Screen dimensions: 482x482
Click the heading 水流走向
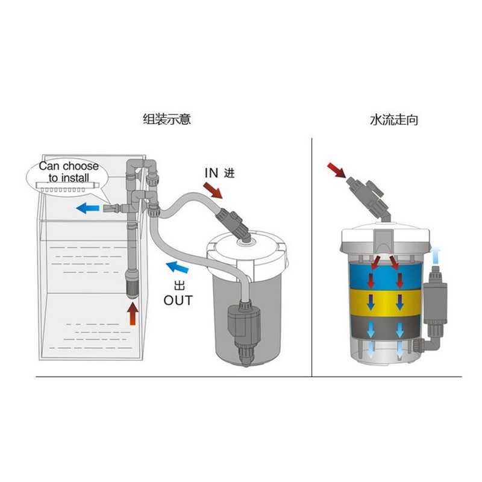[x=394, y=119]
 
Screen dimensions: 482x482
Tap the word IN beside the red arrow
[x=211, y=173]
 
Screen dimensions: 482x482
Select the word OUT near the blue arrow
[x=178, y=300]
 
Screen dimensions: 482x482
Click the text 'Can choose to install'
[x=69, y=172]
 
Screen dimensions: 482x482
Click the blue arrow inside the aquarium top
[x=89, y=208]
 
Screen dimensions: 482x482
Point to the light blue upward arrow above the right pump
[x=437, y=253]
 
